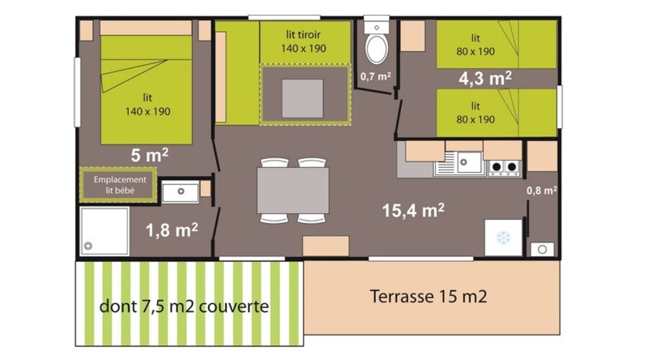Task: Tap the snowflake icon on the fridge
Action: (x=503, y=238)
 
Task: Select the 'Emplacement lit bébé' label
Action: (x=120, y=185)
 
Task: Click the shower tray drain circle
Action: (x=88, y=246)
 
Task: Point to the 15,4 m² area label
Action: (x=413, y=210)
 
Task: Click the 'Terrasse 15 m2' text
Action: (x=428, y=297)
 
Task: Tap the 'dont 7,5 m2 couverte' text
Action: (x=184, y=306)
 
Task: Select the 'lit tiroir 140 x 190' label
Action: (x=303, y=41)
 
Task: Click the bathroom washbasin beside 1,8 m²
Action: (x=180, y=192)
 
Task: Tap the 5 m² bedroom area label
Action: (x=150, y=156)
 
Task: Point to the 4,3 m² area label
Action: (x=485, y=78)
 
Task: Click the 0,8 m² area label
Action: (x=541, y=191)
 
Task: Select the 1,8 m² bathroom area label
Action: (x=171, y=230)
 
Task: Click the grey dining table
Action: (x=293, y=190)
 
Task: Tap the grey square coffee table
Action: (x=302, y=99)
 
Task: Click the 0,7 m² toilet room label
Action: (x=376, y=76)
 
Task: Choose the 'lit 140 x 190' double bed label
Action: (x=148, y=104)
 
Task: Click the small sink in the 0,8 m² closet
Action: (x=542, y=249)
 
